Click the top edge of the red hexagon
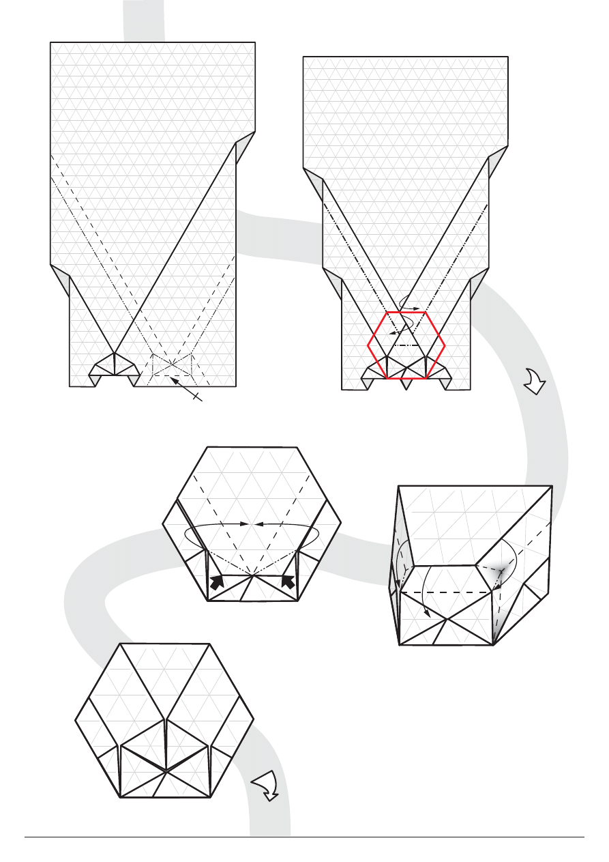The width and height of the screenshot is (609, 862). click(406, 312)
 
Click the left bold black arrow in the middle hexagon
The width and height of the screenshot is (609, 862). click(218, 581)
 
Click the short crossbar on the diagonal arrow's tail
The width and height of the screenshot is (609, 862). click(197, 395)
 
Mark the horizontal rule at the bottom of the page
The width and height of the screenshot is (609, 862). click(304, 837)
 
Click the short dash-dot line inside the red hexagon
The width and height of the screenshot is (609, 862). click(406, 345)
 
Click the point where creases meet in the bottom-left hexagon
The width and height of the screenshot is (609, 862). click(166, 771)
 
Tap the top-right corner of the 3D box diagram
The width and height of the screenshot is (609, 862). click(552, 487)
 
